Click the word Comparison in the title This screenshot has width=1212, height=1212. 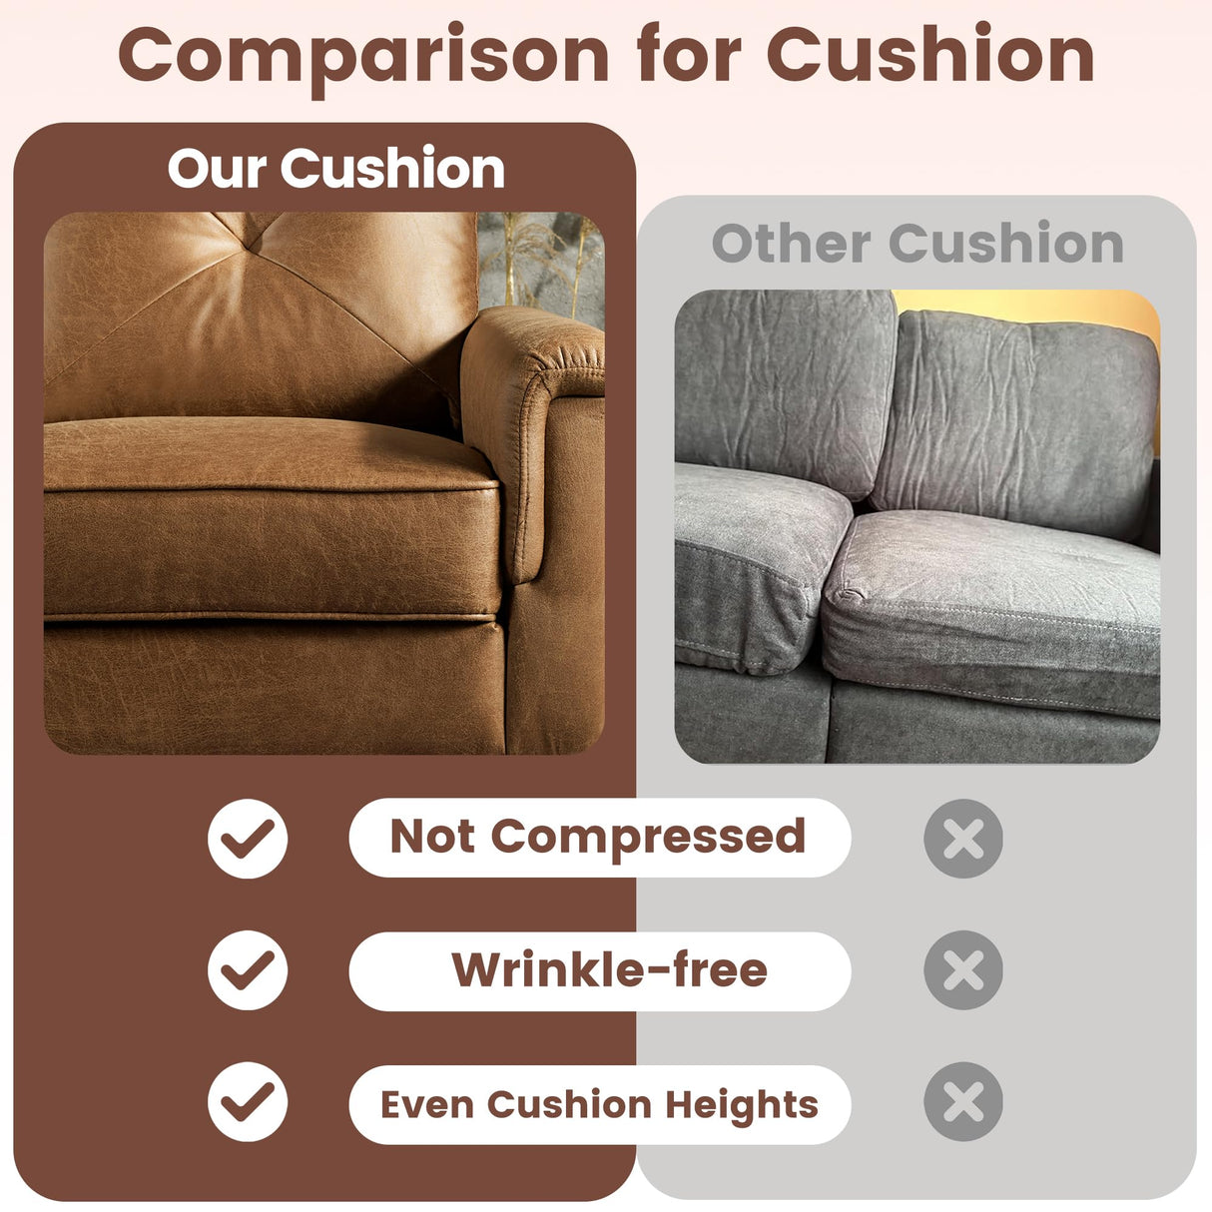pos(363,56)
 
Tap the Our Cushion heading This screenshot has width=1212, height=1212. pos(335,168)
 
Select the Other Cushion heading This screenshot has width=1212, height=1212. pos(916,243)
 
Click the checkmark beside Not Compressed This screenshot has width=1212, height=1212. pos(248,838)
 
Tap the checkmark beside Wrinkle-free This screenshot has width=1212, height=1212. pos(248,969)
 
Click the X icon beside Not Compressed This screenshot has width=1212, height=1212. pos(963,838)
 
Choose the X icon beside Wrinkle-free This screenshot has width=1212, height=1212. pos(963,969)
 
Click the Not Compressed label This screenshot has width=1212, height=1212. pos(599,837)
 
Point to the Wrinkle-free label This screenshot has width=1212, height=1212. pos(609,969)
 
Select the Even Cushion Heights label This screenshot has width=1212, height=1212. pos(599,1104)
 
